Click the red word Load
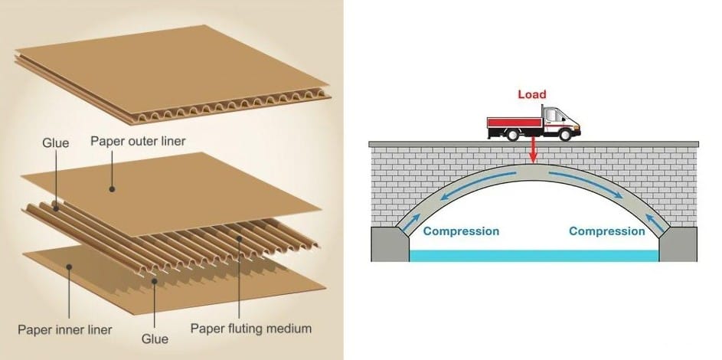tap(532, 94)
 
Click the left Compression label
tap(461, 231)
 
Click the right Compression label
tap(606, 231)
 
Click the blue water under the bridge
tap(534, 256)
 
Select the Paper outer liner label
tap(138, 142)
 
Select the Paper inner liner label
tap(64, 330)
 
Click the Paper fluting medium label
tap(251, 329)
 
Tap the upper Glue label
tap(55, 142)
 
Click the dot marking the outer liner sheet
tap(113, 188)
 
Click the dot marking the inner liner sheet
tap(70, 267)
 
